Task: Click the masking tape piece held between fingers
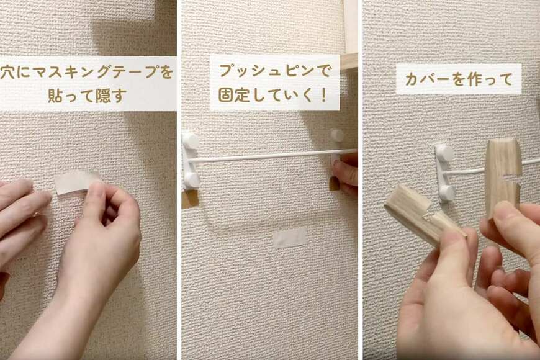76,182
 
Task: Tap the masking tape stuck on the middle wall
290,238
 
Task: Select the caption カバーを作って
459,79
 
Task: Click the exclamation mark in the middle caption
323,96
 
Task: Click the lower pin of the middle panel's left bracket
192,180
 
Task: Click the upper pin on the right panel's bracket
445,153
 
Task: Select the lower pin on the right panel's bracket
446,192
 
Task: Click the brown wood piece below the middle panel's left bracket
190,199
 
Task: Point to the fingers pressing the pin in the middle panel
346,174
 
